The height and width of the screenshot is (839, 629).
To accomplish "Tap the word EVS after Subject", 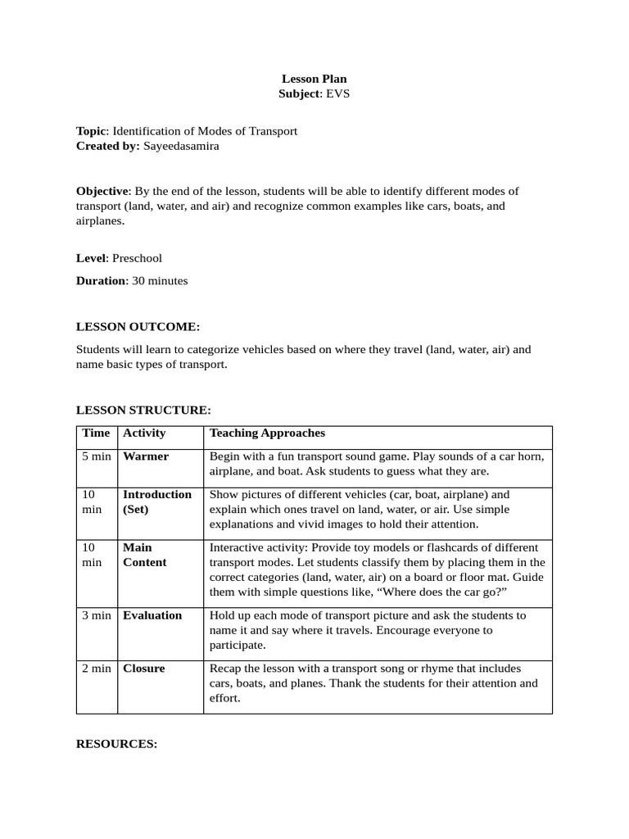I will (337, 94).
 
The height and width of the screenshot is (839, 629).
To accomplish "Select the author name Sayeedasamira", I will (181, 146).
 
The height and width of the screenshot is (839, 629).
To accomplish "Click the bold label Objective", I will (102, 191).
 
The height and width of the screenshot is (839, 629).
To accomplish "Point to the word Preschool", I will (137, 258).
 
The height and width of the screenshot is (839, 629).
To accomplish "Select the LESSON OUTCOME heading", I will (138, 327).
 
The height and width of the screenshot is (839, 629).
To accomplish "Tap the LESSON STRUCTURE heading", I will (143, 410).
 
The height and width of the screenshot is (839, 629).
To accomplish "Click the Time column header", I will (96, 433).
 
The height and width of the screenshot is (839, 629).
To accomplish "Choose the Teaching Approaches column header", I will (267, 433).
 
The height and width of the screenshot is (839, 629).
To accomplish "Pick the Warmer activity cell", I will (146, 456).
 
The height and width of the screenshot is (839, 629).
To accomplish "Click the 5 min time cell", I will (96, 456).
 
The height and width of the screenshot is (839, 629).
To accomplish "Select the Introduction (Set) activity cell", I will (156, 502).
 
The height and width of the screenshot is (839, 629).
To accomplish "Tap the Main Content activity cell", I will (144, 555).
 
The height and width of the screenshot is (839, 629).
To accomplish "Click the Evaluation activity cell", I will (152, 615).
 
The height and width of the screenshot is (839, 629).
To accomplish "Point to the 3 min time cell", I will (96, 615).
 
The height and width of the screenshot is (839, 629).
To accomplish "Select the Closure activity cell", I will (143, 669).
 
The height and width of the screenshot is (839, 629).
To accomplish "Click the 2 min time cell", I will (96, 669).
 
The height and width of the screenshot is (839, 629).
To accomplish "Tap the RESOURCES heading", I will (116, 744).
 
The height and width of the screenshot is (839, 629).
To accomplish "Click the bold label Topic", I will (91, 131).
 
